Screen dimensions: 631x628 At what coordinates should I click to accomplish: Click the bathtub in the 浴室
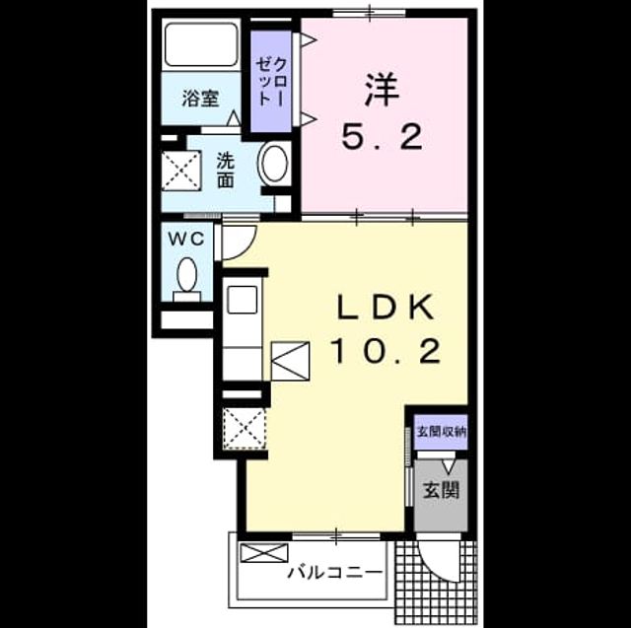201,44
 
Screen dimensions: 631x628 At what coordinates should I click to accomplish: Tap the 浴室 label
200,99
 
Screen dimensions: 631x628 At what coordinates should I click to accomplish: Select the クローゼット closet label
272,82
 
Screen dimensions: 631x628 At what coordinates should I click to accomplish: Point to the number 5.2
382,137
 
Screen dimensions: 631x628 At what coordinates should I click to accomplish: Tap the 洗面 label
226,171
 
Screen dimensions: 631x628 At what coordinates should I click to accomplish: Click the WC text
186,240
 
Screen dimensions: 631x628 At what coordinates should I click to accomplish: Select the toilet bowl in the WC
186,274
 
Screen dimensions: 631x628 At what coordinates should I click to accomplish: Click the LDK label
386,308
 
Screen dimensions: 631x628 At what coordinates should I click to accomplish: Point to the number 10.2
386,351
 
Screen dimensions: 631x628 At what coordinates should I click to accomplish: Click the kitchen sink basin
242,300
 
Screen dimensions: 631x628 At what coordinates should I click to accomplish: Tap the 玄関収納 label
442,432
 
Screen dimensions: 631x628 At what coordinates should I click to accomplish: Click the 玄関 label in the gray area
441,490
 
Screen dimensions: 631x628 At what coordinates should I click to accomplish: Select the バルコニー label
335,572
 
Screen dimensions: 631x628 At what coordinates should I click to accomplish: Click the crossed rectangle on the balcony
264,553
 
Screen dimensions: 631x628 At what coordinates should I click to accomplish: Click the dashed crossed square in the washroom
181,170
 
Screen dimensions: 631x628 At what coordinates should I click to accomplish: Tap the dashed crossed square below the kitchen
245,429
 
